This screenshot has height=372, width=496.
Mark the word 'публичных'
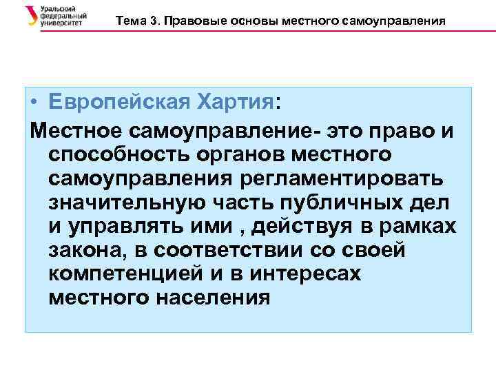(334, 203)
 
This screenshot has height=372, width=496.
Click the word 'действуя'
(299, 227)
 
